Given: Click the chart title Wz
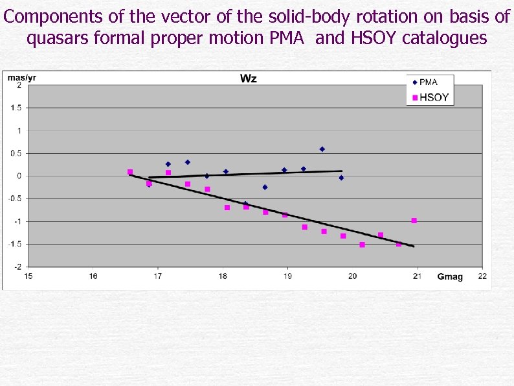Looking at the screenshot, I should [249, 78].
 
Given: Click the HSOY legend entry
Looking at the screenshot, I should [434, 98].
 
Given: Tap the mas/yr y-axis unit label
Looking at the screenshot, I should [21, 77].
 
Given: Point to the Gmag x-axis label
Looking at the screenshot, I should [450, 277].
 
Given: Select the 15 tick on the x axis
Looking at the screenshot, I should [28, 276].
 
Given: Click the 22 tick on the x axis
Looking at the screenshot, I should [482, 276].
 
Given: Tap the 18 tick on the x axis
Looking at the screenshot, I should [223, 276].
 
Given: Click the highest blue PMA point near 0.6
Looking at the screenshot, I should [322, 149].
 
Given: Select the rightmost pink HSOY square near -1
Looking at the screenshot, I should [414, 221].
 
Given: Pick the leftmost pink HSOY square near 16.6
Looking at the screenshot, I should [130, 172].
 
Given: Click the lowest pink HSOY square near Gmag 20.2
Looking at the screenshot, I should [362, 245].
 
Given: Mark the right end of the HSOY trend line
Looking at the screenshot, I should [414, 247].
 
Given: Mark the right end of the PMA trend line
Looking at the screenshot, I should [342, 171].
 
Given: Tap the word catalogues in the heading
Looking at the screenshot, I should [445, 39].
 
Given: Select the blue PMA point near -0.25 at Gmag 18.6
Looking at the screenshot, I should [265, 187].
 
